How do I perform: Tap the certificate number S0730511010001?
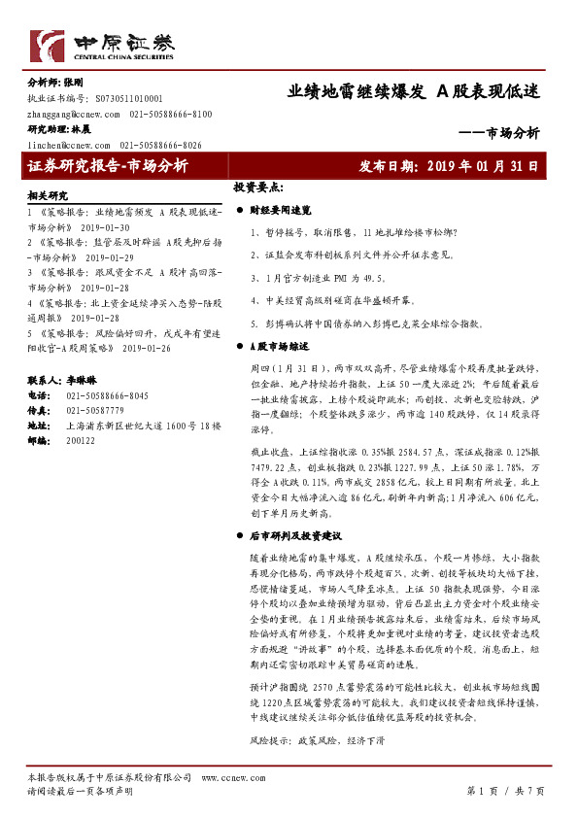coord(129,99)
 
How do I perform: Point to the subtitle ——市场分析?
coord(498,134)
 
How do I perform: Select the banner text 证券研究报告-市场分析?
coord(110,166)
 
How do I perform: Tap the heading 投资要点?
coord(257,187)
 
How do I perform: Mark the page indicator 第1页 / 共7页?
coord(506,791)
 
